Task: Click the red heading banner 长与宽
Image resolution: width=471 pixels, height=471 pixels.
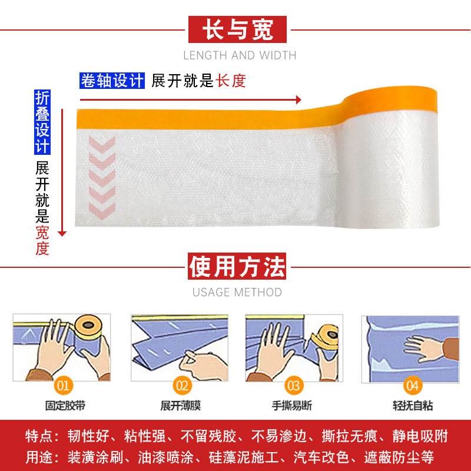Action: [237, 29]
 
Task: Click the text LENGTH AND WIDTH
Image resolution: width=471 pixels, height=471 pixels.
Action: [240, 56]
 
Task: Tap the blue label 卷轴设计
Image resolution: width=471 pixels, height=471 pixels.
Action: [112, 81]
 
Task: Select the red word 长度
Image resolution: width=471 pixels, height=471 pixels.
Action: [231, 81]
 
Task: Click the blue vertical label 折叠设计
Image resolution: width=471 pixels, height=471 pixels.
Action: [42, 122]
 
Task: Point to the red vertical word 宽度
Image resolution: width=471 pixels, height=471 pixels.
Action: [42, 240]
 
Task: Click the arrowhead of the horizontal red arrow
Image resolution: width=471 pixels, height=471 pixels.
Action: [298, 99]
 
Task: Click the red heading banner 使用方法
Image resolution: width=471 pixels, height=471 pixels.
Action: [237, 267]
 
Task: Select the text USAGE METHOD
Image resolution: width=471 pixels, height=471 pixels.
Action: [237, 293]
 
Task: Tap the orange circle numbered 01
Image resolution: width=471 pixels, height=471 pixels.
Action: [64, 386]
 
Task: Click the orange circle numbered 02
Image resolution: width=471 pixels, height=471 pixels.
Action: [182, 386]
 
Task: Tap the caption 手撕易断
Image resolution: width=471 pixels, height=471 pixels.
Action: [293, 406]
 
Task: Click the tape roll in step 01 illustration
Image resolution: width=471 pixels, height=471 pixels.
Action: [91, 330]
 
